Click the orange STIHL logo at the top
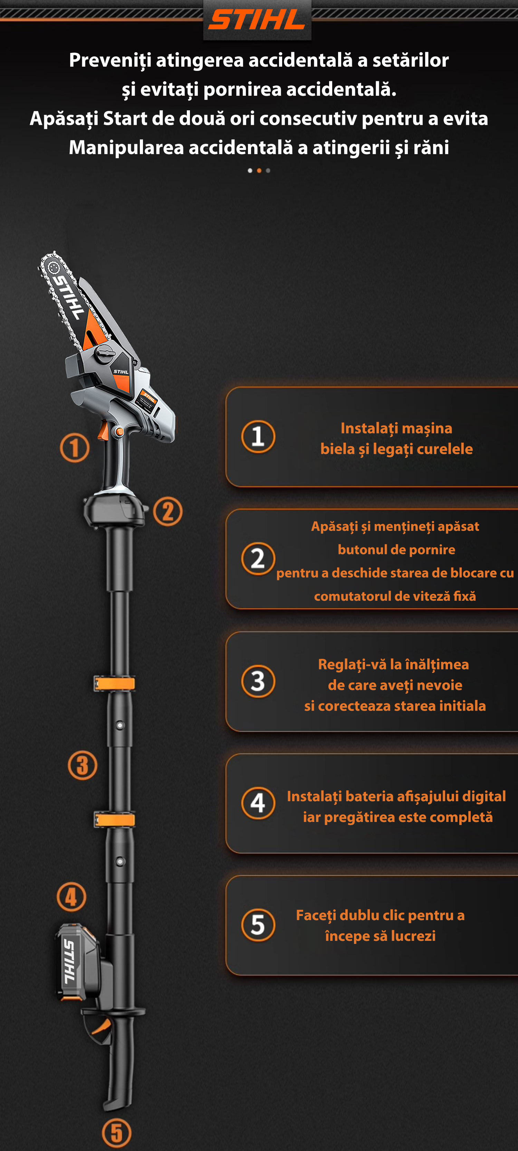(257, 20)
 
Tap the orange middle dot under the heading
(259, 170)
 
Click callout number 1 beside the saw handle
(75, 448)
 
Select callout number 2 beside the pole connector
(168, 512)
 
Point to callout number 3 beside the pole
(83, 765)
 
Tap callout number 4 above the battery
(71, 897)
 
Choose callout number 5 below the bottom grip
(117, 1133)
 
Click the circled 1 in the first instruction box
(258, 437)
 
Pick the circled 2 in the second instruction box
(258, 559)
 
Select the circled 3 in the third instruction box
(258, 681)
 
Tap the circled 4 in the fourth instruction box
(258, 803)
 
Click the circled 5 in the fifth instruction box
(258, 925)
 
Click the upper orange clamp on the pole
(115, 684)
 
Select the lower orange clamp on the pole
(115, 820)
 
